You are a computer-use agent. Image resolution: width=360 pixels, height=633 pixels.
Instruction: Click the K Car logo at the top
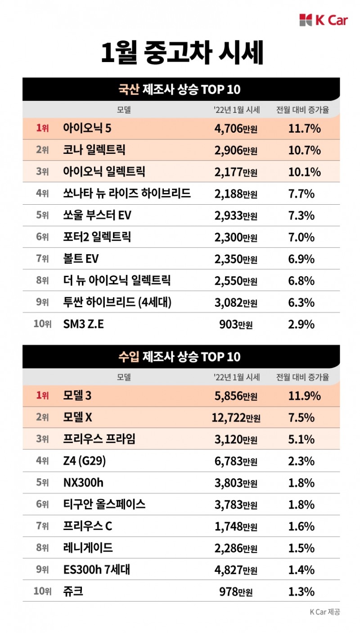click(x=323, y=20)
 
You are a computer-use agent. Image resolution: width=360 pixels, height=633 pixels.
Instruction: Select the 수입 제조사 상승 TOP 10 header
click(x=179, y=357)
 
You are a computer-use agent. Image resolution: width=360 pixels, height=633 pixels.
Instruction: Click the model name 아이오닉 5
click(x=87, y=129)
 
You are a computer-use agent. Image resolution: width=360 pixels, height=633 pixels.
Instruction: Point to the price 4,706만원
click(x=236, y=129)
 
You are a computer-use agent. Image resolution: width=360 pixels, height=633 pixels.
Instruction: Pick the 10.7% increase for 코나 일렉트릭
click(x=304, y=150)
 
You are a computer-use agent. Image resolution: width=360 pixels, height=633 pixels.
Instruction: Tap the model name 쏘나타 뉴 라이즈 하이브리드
click(x=127, y=194)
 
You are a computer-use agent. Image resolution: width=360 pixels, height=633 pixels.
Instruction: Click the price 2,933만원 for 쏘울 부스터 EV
click(x=236, y=215)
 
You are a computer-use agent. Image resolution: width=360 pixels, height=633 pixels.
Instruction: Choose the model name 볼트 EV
click(x=81, y=259)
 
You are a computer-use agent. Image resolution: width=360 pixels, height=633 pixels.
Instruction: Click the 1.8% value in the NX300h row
click(x=301, y=483)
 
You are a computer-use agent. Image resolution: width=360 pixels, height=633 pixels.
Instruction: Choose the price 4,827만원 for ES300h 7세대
click(x=236, y=570)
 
